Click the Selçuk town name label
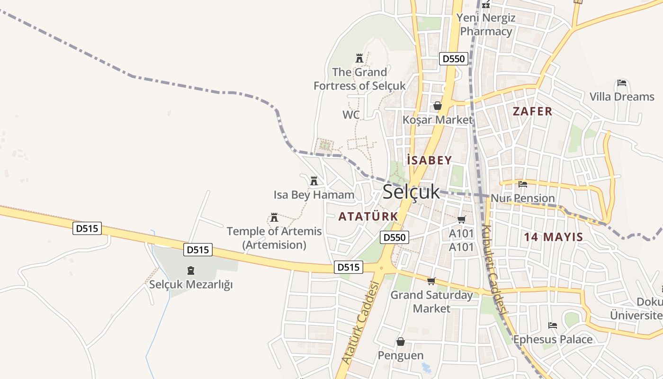[411, 192]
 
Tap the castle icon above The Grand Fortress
[359, 58]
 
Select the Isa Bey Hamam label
[314, 195]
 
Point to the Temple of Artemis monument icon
[274, 217]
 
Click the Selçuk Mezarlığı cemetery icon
[191, 271]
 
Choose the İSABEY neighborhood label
[430, 160]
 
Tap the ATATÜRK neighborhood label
[368, 217]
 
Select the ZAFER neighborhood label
[532, 111]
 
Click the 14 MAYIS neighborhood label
[553, 237]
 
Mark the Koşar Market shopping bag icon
[438, 106]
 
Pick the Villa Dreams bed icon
[622, 83]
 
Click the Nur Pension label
[523, 198]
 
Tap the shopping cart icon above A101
[461, 219]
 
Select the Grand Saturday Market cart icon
[431, 281]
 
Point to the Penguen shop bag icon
[401, 342]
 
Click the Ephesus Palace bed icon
[553, 325]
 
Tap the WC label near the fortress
[351, 115]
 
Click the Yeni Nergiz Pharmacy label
[486, 25]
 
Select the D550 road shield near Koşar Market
[454, 59]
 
